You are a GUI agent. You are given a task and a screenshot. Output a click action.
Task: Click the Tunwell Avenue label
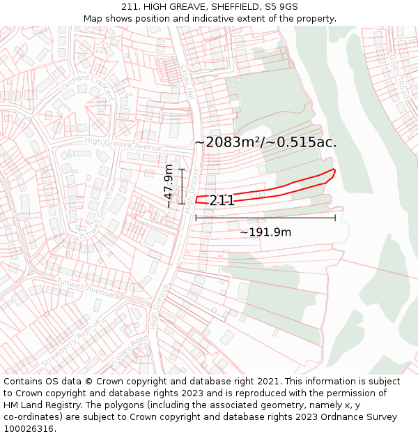coord(86,285)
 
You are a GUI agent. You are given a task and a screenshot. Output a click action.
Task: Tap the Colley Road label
coord(129,348)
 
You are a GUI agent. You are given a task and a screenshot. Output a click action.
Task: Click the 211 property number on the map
coord(222,201)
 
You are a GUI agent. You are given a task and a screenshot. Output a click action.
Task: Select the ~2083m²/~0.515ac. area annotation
coord(265,142)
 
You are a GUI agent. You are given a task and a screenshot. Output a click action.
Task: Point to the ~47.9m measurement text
coord(169,186)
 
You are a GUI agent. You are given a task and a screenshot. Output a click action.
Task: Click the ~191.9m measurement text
coord(265,232)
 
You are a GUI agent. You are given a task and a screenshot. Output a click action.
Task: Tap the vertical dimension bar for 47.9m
coord(182,186)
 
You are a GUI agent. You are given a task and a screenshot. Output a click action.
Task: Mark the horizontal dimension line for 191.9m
coord(265,218)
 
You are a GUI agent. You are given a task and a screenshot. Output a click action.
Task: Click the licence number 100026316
coord(29,429)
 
